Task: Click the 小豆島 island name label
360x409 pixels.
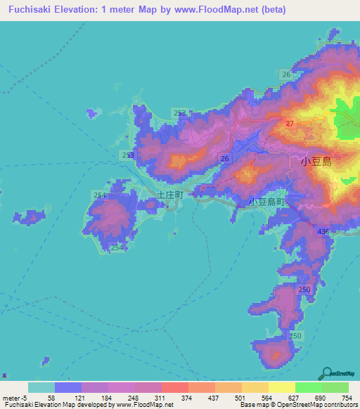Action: pyautogui.click(x=316, y=161)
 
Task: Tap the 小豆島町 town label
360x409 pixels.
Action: pyautogui.click(x=267, y=202)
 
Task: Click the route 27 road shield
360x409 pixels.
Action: pyautogui.click(x=289, y=123)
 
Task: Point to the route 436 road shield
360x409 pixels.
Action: pyautogui.click(x=323, y=231)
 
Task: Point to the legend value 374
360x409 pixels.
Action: pyautogui.click(x=188, y=397)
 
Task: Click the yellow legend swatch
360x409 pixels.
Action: pyautogui.click(x=281, y=387)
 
